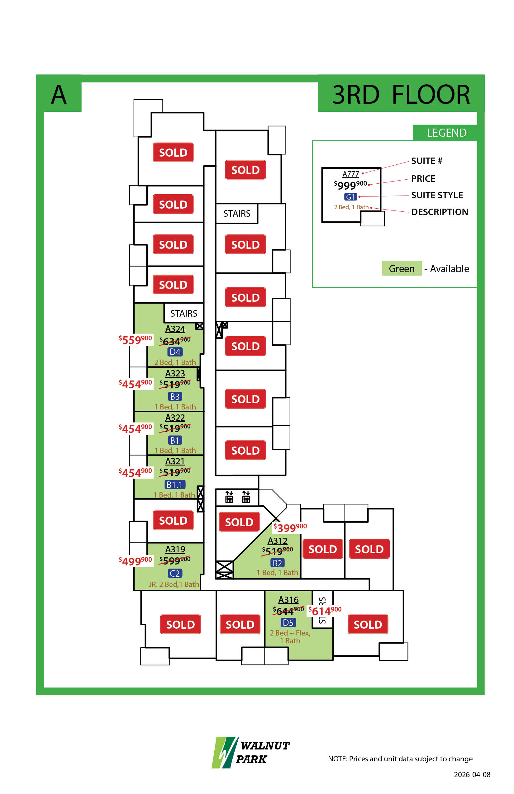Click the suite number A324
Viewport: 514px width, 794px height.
point(175,329)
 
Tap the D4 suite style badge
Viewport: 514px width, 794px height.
point(175,352)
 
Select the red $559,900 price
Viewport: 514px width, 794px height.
point(136,340)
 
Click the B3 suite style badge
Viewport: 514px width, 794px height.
point(175,396)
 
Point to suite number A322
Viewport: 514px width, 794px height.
point(175,417)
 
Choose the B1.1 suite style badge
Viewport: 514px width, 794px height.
point(175,484)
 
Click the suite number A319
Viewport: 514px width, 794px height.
point(175,549)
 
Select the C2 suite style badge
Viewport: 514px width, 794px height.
point(175,573)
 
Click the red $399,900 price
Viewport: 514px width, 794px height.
point(290,527)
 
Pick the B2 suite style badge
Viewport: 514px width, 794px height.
point(277,563)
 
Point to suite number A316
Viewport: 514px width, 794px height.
point(288,599)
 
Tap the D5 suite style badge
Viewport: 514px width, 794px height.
point(288,622)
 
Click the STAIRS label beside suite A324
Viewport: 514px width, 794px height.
point(183,313)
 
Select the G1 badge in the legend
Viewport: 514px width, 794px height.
point(350,197)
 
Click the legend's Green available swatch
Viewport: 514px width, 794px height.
point(402,268)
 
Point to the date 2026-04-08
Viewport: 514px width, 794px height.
point(472,774)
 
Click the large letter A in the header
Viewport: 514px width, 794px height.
point(59,94)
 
